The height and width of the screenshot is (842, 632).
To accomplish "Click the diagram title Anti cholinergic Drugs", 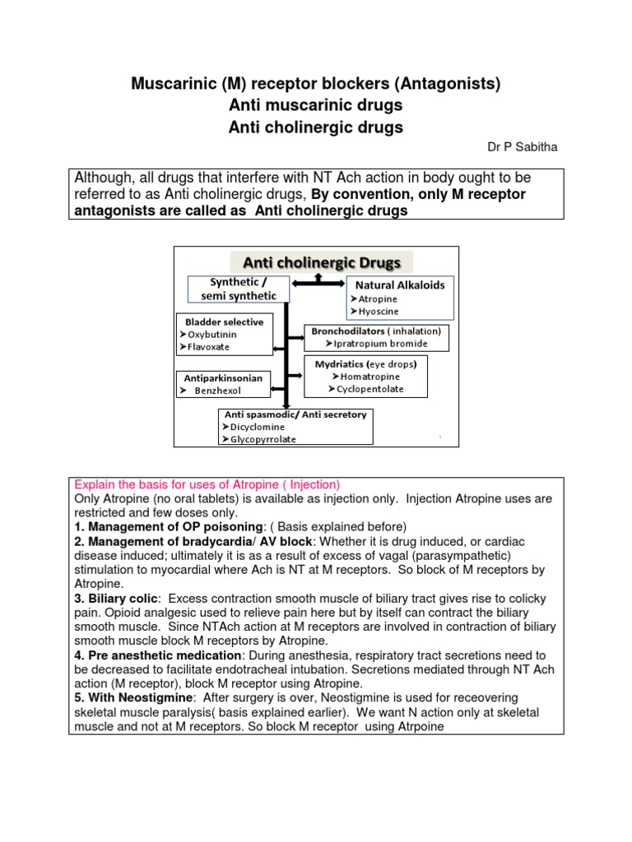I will coord(321,262).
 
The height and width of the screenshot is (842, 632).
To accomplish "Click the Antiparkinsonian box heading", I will coord(222,378).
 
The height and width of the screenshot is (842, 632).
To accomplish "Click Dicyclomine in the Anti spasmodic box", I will coord(258,427).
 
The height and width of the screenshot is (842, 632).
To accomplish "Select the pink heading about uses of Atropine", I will coord(207,484).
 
